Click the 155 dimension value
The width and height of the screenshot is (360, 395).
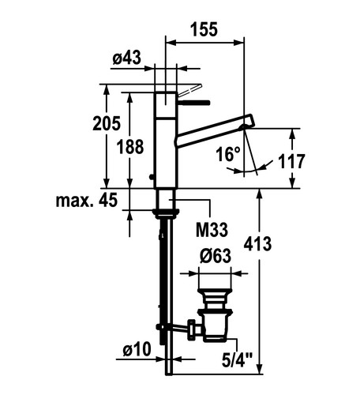coord(204,29)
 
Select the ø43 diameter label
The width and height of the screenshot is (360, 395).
coord(126,58)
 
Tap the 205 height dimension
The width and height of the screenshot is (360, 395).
coord(107,123)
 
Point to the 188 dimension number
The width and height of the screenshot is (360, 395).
coord(130,147)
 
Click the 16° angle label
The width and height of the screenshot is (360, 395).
coord(228,154)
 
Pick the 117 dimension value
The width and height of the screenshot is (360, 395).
coord(291,161)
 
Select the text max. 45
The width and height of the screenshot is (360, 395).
coord(87,200)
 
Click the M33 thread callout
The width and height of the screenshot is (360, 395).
coord(212,230)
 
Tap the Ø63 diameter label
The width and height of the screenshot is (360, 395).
coord(216,256)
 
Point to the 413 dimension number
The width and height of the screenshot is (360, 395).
coord(257,244)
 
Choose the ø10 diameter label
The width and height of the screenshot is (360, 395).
coord(137,349)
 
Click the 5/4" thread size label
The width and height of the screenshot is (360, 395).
coord(237,360)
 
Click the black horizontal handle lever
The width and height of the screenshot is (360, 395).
coord(193,103)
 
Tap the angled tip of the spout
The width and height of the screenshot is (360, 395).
coord(249,121)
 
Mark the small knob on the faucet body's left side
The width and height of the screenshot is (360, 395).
coord(152,177)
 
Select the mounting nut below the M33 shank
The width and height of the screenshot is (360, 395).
coord(166,213)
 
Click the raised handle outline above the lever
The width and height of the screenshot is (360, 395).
coord(189,91)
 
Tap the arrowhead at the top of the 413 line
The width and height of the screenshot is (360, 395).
coord(260,194)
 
